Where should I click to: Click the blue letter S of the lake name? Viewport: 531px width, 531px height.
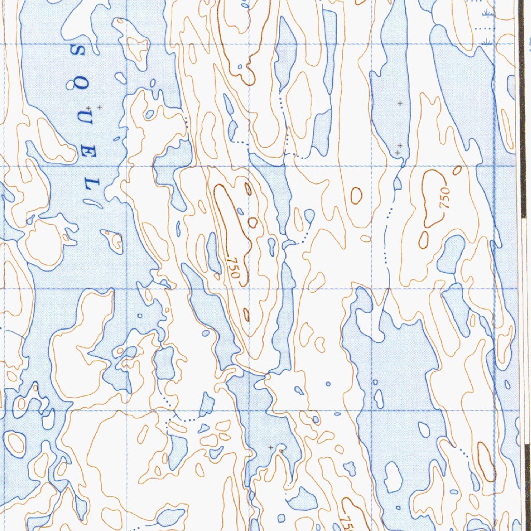pyautogui.click(x=79, y=50)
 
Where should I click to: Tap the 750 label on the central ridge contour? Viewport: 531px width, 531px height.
pyautogui.click(x=234, y=267)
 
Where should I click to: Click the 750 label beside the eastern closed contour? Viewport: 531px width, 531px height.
pyautogui.click(x=445, y=198)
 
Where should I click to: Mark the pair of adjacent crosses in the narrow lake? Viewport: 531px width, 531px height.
pyautogui.click(x=398, y=150)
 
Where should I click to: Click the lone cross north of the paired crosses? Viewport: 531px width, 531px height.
pyautogui.click(x=400, y=104)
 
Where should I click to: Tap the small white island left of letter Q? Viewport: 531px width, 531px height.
pyautogui.click(x=120, y=78)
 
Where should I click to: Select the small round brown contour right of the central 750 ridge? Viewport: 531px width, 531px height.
pyautogui.click(x=253, y=222)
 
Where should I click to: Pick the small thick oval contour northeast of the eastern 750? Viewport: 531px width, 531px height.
pyautogui.click(x=457, y=170)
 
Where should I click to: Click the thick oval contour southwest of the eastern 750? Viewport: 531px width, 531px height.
pyautogui.click(x=424, y=239)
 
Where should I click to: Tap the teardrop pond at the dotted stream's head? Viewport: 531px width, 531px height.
pyautogui.click(x=310, y=215)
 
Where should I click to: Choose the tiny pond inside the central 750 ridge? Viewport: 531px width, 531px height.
pyautogui.click(x=240, y=211)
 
